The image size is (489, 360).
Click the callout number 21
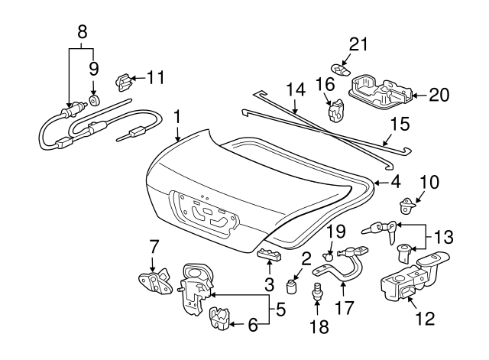click(x=358, y=43)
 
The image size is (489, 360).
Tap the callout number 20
click(x=439, y=95)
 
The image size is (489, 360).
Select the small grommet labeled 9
click(x=94, y=100)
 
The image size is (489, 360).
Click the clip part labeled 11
click(x=122, y=79)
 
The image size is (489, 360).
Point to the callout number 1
click(x=176, y=118)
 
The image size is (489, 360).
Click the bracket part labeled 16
click(x=333, y=112)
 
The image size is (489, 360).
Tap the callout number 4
click(x=394, y=183)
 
